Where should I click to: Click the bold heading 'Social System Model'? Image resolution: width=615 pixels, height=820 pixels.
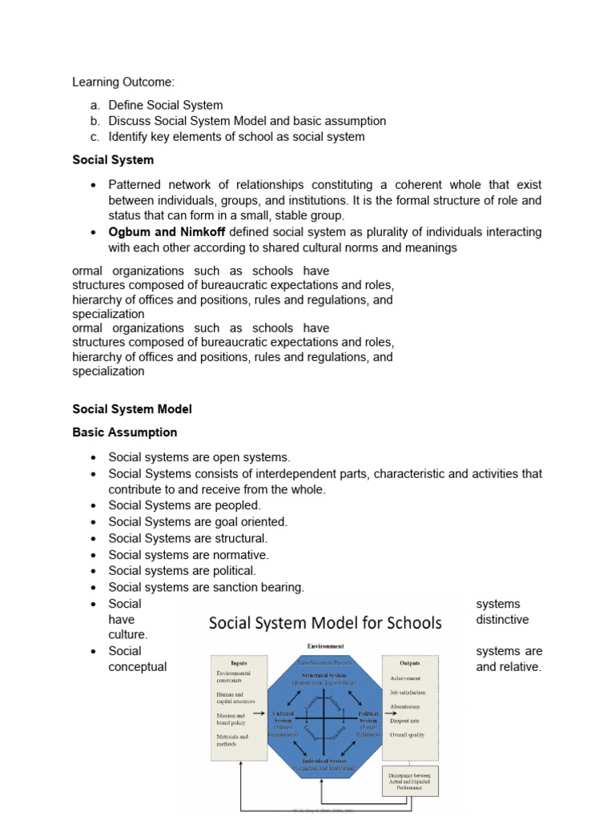tap(132, 409)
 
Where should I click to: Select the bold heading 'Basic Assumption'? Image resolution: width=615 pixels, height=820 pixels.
tap(125, 432)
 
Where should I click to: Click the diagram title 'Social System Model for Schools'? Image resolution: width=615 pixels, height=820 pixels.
tap(325, 623)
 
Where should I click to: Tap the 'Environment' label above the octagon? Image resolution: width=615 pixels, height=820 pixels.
tap(324, 646)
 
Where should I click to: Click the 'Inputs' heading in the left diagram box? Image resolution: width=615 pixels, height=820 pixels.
tap(239, 663)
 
